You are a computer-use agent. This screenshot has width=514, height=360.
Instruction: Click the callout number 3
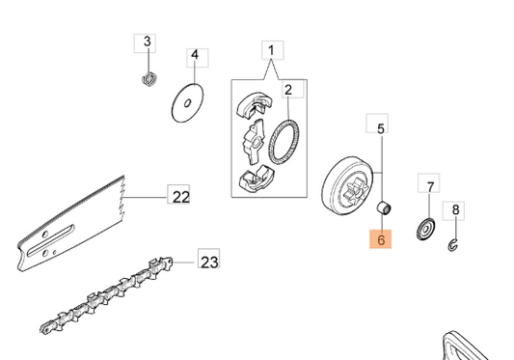pyautogui.click(x=148, y=42)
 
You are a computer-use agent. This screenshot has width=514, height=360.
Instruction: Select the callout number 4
pyautogui.click(x=195, y=55)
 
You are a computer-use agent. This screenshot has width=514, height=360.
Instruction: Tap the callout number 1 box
pyautogui.click(x=272, y=50)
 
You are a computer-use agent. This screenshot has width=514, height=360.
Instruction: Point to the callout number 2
pyautogui.click(x=288, y=90)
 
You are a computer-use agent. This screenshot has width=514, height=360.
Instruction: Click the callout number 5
pyautogui.click(x=380, y=128)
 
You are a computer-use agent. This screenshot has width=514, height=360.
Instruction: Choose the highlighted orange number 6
pyautogui.click(x=381, y=239)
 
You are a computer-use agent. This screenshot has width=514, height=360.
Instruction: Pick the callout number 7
pyautogui.click(x=430, y=186)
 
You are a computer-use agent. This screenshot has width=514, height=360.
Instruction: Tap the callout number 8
pyautogui.click(x=455, y=209)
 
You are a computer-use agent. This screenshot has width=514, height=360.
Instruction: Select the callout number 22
pyautogui.click(x=181, y=197)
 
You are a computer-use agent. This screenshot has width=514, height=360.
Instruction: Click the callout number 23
pyautogui.click(x=209, y=263)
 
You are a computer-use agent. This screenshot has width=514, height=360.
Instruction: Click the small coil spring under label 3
pyautogui.click(x=150, y=79)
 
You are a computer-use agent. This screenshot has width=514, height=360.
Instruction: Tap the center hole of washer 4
pyautogui.click(x=187, y=103)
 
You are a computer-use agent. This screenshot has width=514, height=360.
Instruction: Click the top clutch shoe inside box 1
pyautogui.click(x=254, y=103)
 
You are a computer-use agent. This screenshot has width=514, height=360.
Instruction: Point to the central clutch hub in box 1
pyautogui.click(x=254, y=142)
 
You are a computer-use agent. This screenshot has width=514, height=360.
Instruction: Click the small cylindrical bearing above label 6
pyautogui.click(x=384, y=208)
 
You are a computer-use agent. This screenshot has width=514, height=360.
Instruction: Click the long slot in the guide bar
pyautogui.click(x=51, y=240)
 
